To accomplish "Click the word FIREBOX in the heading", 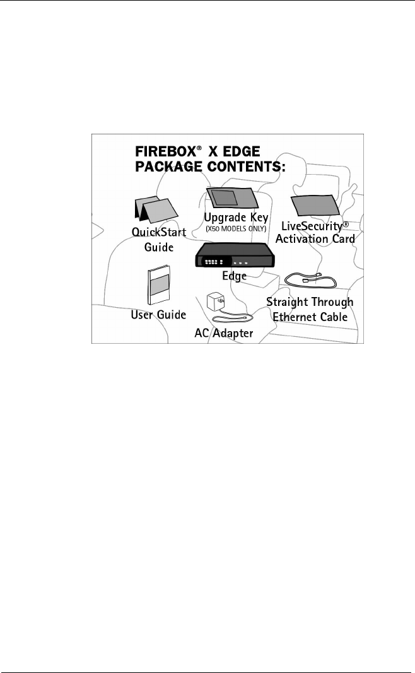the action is (x=162, y=153).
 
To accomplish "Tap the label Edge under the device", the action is (x=234, y=276).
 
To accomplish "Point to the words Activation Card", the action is (x=315, y=239).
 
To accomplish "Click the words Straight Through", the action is (x=310, y=302).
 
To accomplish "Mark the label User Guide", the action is (x=158, y=314).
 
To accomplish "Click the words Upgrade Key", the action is (x=237, y=218).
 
